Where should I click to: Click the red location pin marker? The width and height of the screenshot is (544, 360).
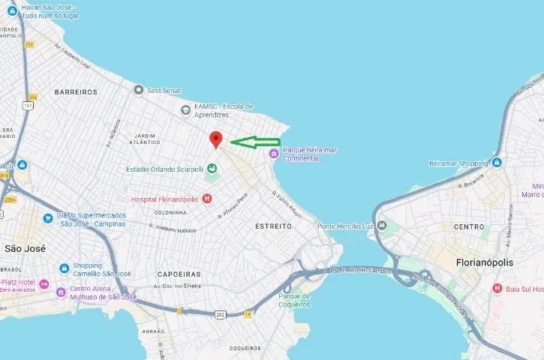(x=216, y=139)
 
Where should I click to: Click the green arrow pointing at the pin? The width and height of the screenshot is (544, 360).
(x=254, y=142)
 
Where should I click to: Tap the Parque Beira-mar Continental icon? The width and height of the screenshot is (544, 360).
(x=274, y=154)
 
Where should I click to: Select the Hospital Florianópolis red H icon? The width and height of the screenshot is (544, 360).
(x=207, y=199)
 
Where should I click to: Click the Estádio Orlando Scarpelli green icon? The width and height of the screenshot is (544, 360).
(x=211, y=169)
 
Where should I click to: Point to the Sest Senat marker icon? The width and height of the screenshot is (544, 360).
(x=138, y=90)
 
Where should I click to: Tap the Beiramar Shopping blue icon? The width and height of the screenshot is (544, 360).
(x=497, y=163)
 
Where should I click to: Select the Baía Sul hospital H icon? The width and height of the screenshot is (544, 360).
(x=497, y=288)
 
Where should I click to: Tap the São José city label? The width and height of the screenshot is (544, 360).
(x=26, y=248)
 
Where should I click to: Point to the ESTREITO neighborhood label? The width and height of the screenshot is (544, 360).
(x=273, y=226)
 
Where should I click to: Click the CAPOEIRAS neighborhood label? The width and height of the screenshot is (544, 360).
(x=180, y=274)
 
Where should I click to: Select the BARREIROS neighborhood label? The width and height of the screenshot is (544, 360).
(x=76, y=91)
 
